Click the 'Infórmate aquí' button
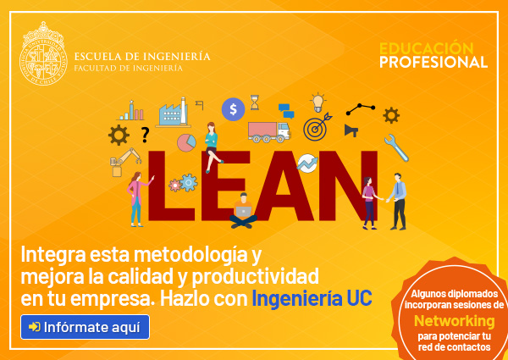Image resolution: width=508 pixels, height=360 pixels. click(x=85, y=327)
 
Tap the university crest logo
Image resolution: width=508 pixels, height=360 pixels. click(x=43, y=54)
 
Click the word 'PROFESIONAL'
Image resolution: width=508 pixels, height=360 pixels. click(x=433, y=62)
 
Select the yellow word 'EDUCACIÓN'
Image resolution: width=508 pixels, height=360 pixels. click(x=427, y=48)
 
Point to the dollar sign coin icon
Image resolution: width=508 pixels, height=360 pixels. click(x=234, y=109)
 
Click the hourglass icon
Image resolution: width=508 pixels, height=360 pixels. click(x=255, y=102)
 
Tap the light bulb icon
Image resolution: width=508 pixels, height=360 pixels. click(x=318, y=102)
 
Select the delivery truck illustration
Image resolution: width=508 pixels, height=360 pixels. click(x=268, y=132)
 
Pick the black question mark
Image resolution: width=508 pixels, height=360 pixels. click(x=145, y=136)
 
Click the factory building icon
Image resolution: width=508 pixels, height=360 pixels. click(x=174, y=113)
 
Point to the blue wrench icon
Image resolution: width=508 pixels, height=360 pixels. click(x=396, y=147)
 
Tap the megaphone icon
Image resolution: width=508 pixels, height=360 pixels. click(x=351, y=130)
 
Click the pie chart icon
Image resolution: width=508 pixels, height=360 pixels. click(x=186, y=142)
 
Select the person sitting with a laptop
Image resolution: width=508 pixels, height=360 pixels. click(x=243, y=211)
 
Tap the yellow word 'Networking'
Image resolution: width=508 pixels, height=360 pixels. click(x=455, y=321)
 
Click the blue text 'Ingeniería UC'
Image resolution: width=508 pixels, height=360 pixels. click(x=312, y=299)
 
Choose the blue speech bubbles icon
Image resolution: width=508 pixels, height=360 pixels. click(x=286, y=111)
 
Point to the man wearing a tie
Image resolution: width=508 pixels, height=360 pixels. click(x=398, y=202)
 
